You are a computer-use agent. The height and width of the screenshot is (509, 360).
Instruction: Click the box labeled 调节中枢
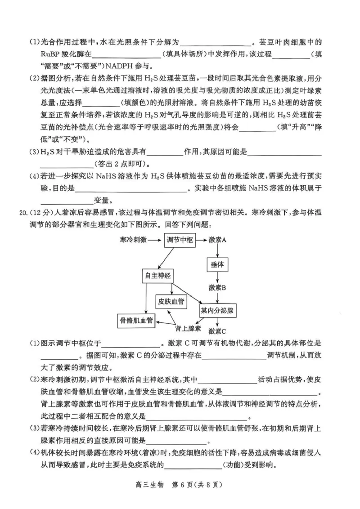pos(180,240)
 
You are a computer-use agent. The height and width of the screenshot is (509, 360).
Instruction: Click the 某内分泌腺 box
pos(218,311)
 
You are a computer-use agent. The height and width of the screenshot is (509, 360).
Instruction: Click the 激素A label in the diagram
pos(218,240)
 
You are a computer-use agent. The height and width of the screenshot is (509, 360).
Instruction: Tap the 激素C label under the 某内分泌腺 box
pos(217,331)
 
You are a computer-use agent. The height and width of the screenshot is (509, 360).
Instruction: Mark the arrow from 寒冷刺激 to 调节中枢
pos(154,240)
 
